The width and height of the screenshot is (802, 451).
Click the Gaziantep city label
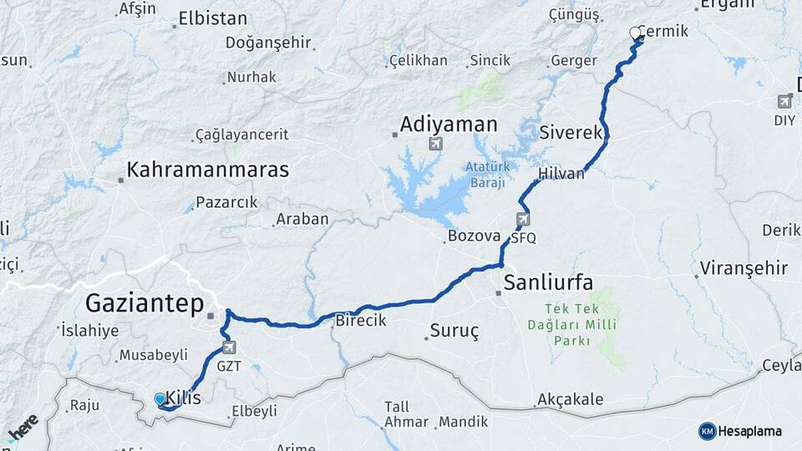point(145,303)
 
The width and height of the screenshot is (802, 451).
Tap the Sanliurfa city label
point(548,282)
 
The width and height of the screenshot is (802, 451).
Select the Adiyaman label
point(449,125)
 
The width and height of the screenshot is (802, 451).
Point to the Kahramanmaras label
point(207,170)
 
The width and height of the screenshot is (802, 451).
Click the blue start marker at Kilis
point(160,399)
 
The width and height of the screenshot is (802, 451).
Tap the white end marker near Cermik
point(634,33)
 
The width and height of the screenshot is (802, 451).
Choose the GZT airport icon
point(229,347)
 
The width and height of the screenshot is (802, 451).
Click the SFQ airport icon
point(523,220)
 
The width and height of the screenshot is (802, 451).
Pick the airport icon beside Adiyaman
point(435,144)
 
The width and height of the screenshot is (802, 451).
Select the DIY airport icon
point(784,102)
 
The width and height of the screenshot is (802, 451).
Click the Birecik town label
point(360,320)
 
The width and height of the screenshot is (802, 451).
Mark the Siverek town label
point(571,133)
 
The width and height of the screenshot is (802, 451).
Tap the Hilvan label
point(561,174)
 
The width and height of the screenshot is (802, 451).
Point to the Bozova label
point(473,236)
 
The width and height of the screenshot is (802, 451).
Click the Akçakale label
point(571,400)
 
